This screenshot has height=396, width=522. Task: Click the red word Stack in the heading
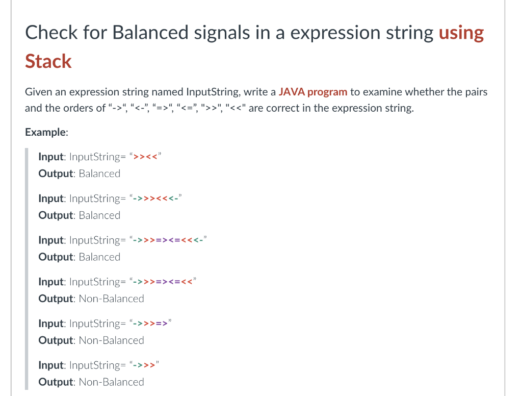pos(48,61)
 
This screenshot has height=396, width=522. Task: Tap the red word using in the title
pos(461,33)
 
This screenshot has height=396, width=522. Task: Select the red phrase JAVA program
pos(313,92)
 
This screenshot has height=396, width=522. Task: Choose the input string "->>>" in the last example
pos(144,365)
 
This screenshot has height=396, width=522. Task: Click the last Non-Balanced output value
pos(112,382)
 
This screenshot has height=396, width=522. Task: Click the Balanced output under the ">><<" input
pos(99,174)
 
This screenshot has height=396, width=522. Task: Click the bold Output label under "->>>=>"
pos(57,340)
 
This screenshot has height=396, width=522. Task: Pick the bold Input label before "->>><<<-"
pos(51,198)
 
